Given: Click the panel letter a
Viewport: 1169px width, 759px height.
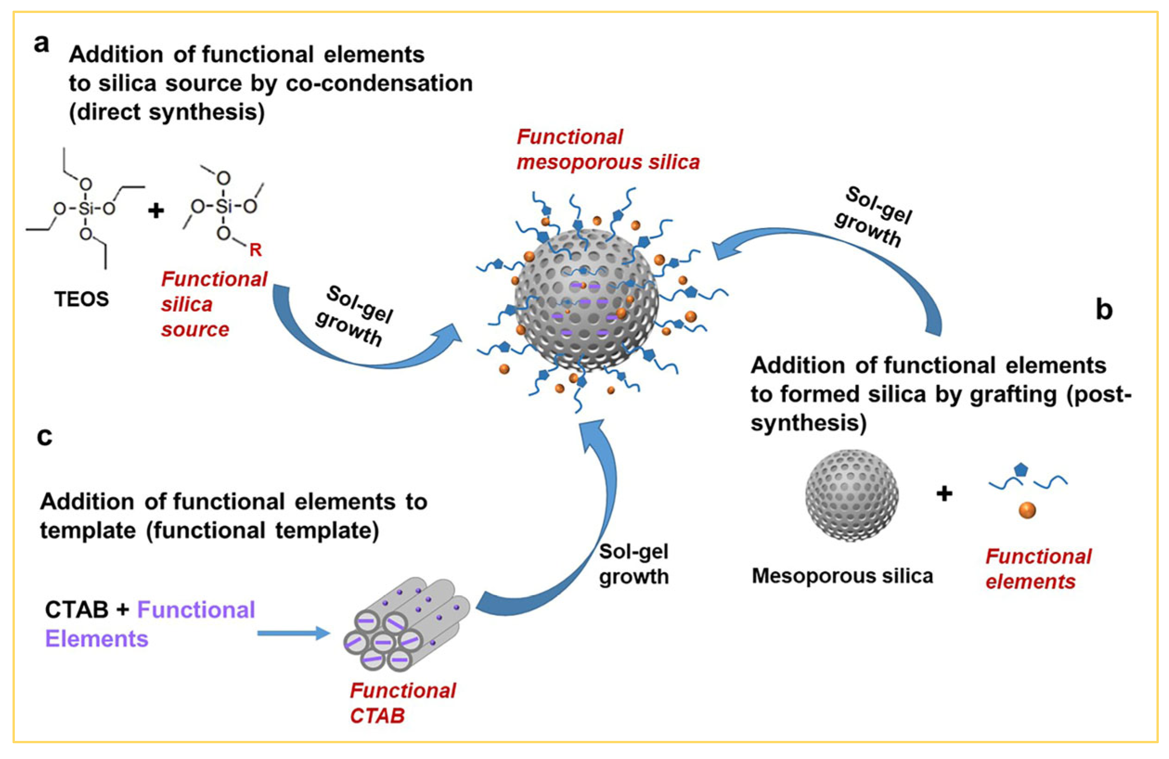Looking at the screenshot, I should [41, 44].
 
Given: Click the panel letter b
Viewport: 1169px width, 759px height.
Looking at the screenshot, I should [1104, 310].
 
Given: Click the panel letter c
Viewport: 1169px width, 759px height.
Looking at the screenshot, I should [44, 436].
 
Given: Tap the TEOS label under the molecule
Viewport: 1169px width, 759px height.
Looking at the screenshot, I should [82, 299].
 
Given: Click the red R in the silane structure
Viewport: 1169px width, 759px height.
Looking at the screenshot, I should [256, 250].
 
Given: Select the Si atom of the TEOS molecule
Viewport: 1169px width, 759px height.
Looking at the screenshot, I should [86, 209].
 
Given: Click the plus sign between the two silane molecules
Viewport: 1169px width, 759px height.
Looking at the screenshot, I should [156, 211].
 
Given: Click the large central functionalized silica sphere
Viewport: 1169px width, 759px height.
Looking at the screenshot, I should [587, 300].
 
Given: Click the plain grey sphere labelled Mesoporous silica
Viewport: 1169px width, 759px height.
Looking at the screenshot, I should [852, 495].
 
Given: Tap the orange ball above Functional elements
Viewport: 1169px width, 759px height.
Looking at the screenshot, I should [1027, 510].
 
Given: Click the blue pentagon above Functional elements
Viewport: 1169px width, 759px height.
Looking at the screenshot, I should [1021, 469].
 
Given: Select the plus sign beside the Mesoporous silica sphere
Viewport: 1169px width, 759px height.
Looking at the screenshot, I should [944, 493].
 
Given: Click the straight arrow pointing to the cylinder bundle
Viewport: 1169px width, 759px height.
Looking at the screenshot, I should [293, 633].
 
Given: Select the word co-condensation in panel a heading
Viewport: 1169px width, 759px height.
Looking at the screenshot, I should [379, 83].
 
